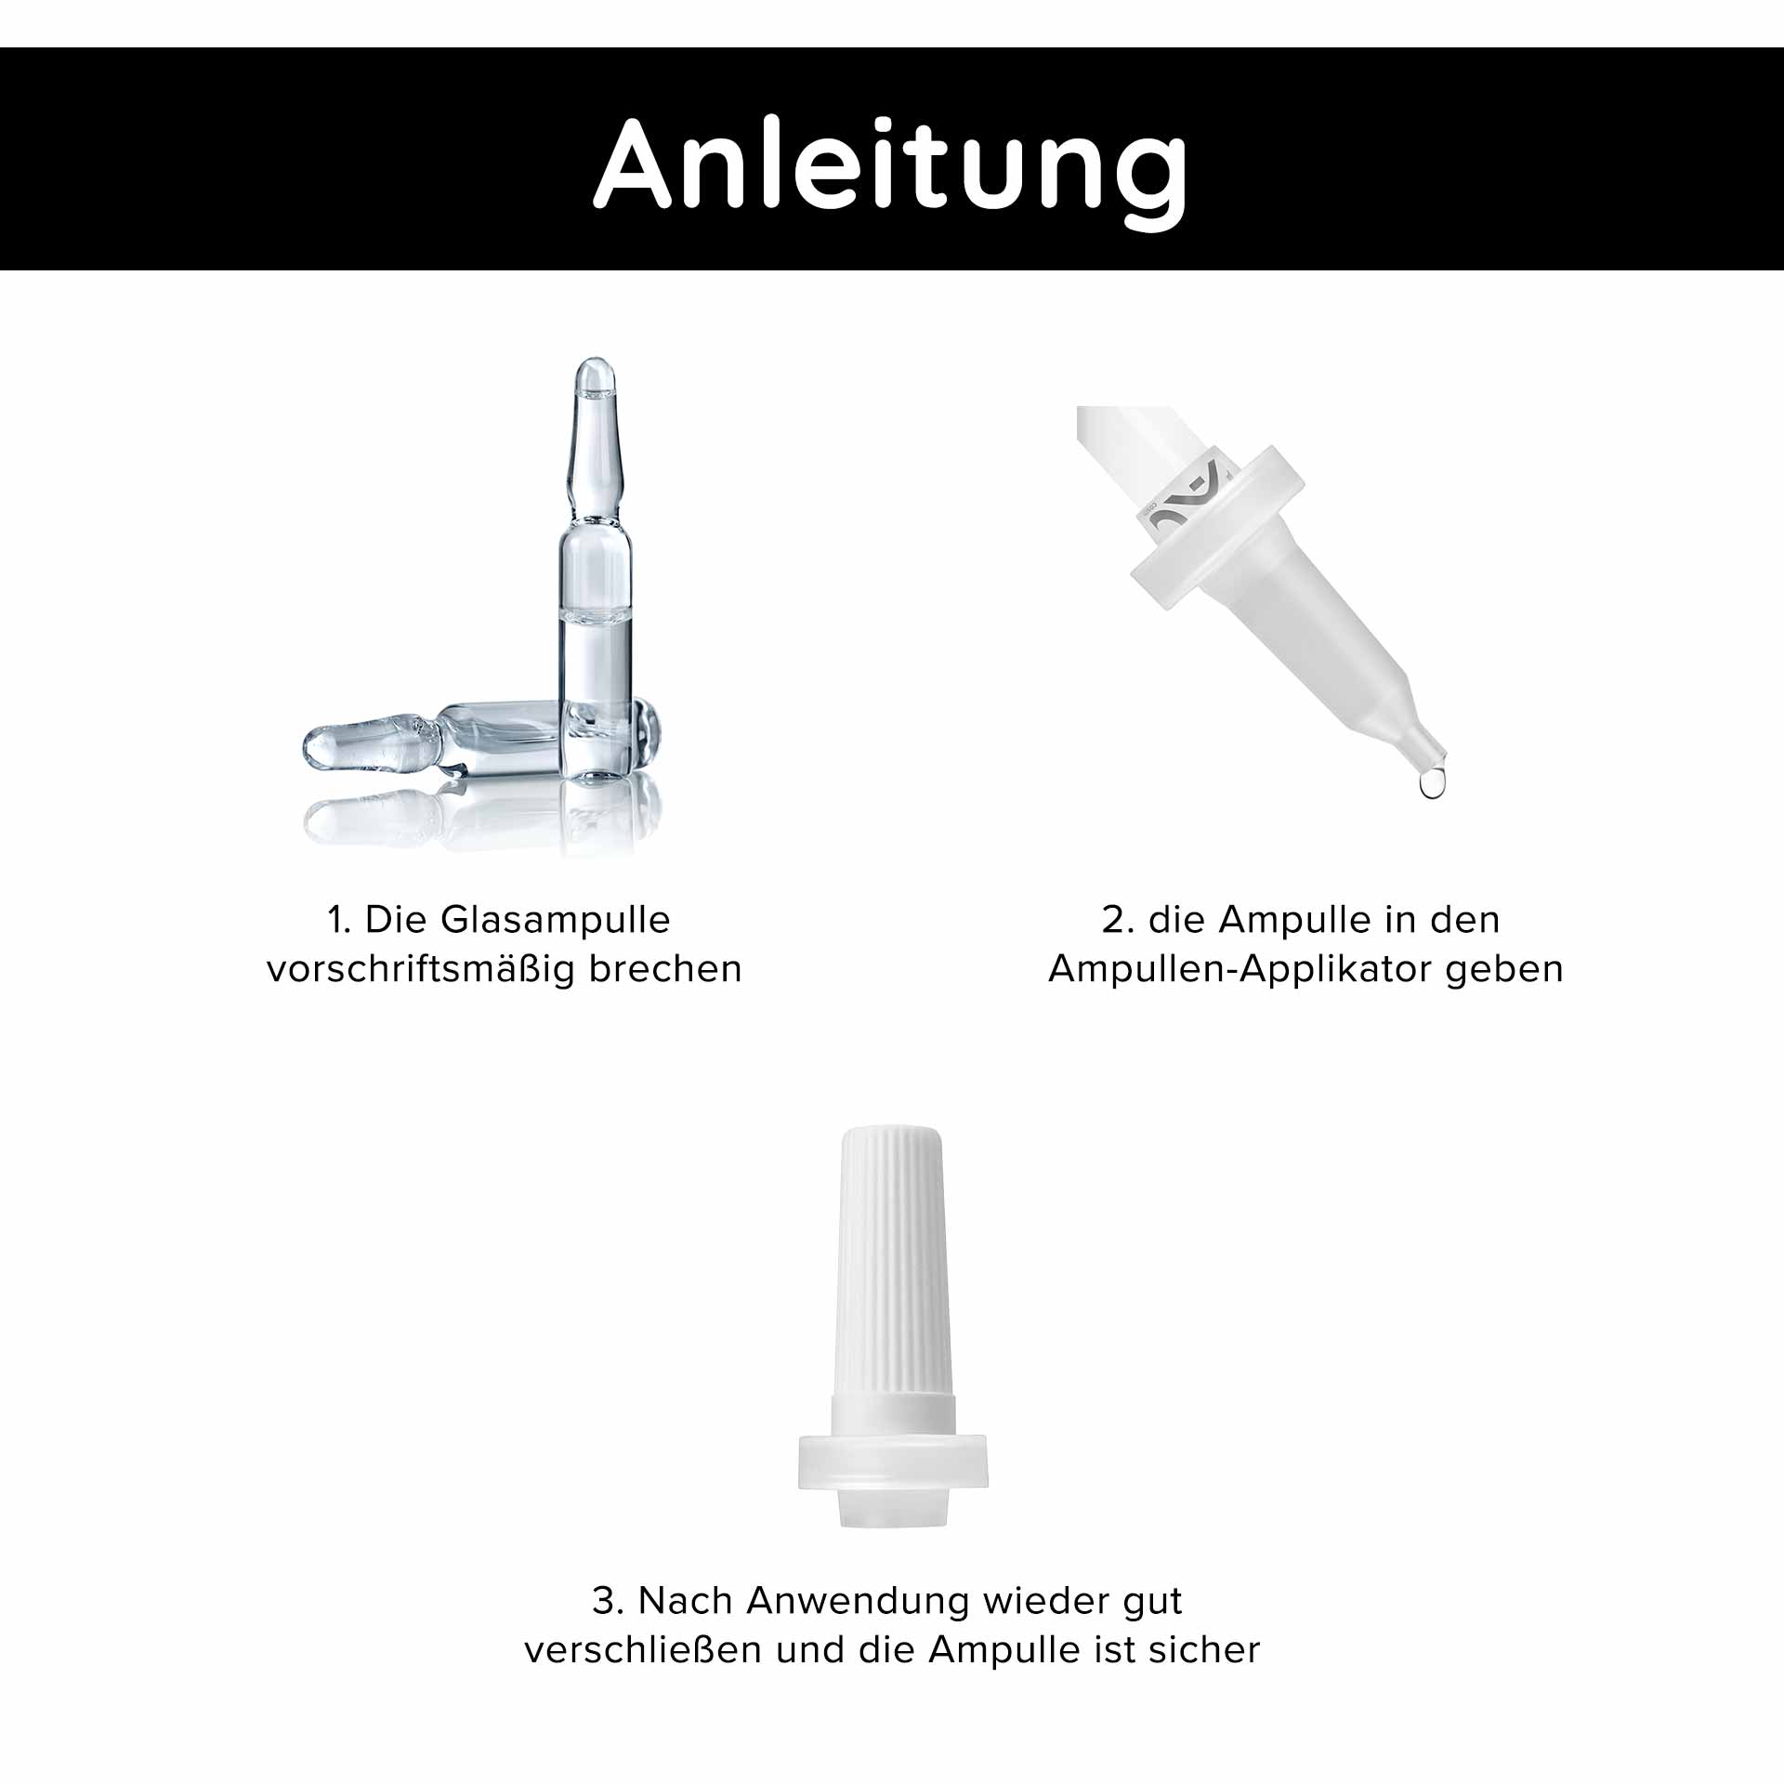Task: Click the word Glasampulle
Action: [x=555, y=920]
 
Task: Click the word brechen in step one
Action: [x=665, y=969]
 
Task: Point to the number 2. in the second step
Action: [x=1119, y=920]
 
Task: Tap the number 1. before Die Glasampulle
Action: [x=338, y=920]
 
